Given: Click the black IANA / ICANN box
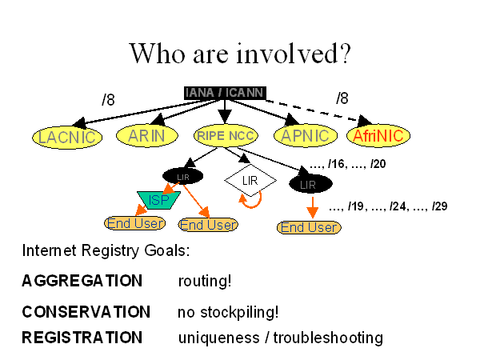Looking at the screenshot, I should coord(224,93).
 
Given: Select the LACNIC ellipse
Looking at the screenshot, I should coord(66,137).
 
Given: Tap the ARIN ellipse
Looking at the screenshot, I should coord(146,136).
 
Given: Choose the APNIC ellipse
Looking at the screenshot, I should coord(305,136).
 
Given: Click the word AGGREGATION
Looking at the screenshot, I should coord(82,281).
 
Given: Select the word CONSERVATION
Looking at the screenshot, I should coord(86,312).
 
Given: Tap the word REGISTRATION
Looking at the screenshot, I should coord(82,338).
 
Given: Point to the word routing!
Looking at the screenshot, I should coord(205,281).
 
